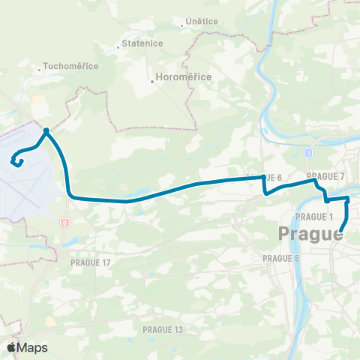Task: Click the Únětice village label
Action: (x=202, y=22)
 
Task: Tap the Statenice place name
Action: (x=142, y=44)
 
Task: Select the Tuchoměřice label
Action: (x=72, y=66)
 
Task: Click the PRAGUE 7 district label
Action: (x=331, y=176)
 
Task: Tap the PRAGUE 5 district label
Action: (x=282, y=258)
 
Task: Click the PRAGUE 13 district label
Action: (x=163, y=329)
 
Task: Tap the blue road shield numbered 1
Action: (x=308, y=153)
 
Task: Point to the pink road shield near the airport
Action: (x=65, y=223)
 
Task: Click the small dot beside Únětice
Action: (x=182, y=26)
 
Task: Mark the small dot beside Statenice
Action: (x=120, y=49)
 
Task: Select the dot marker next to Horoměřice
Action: (x=153, y=82)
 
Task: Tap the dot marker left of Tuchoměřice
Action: (x=40, y=71)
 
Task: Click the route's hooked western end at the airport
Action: (x=13, y=159)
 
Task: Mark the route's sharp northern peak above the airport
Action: (x=46, y=130)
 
